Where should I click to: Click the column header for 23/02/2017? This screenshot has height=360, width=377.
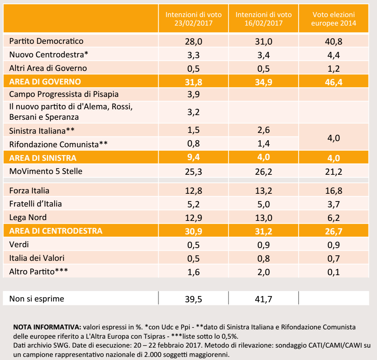tap(194, 19)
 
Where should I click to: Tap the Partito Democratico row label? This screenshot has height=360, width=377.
tap(46, 41)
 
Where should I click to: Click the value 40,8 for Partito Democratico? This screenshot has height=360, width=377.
tap(334, 41)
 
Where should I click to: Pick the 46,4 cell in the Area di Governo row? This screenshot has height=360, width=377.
tap(334, 82)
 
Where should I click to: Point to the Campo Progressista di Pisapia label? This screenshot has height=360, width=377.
tap(64, 94)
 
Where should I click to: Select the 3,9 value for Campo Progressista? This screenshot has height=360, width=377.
tap(194, 95)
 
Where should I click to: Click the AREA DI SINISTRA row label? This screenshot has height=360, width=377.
tap(43, 158)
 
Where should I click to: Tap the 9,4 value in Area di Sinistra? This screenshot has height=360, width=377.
tap(194, 158)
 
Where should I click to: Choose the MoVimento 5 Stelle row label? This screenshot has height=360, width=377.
tap(46, 171)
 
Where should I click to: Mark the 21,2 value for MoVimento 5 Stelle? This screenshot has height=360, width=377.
tap(334, 171)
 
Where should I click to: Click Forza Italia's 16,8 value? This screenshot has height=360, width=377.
tap(334, 191)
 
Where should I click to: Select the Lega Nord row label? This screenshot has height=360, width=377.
tap(28, 217)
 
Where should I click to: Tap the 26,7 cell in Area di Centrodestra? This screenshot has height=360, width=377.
tap(334, 231)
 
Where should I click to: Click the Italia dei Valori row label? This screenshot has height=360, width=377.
tap(37, 258)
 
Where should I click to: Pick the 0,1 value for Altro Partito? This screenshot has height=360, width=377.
tap(334, 272)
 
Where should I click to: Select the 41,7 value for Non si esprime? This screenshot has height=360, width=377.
tap(264, 299)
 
